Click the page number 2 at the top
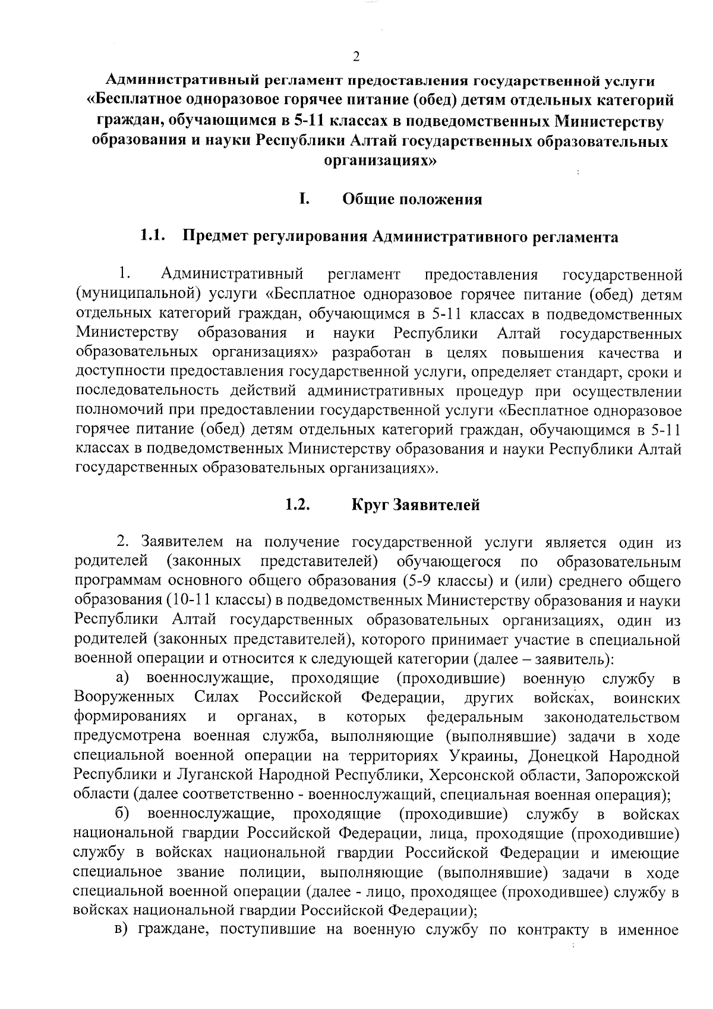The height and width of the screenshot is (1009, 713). [356, 57]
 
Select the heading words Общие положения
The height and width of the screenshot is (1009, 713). [412, 199]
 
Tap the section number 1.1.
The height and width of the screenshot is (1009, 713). [152, 237]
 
